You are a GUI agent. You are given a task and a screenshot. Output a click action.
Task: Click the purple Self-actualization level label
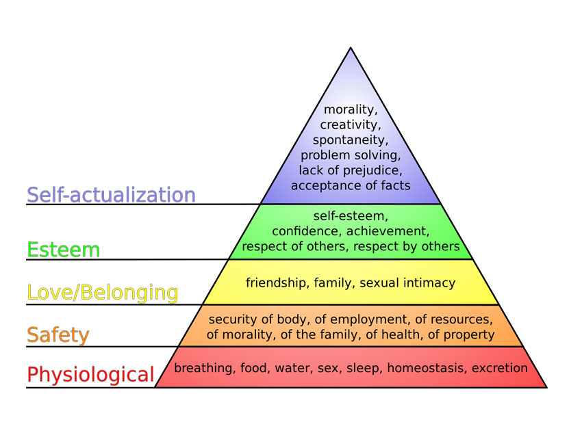point(111,195)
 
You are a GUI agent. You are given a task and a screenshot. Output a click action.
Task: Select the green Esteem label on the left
point(64,250)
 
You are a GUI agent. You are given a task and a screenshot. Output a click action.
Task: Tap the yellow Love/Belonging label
point(103,293)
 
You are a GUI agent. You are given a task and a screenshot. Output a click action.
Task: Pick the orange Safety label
point(58,335)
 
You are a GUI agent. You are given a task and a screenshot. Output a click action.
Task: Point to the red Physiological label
point(90,375)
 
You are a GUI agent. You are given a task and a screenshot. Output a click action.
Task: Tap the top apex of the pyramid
point(351,48)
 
